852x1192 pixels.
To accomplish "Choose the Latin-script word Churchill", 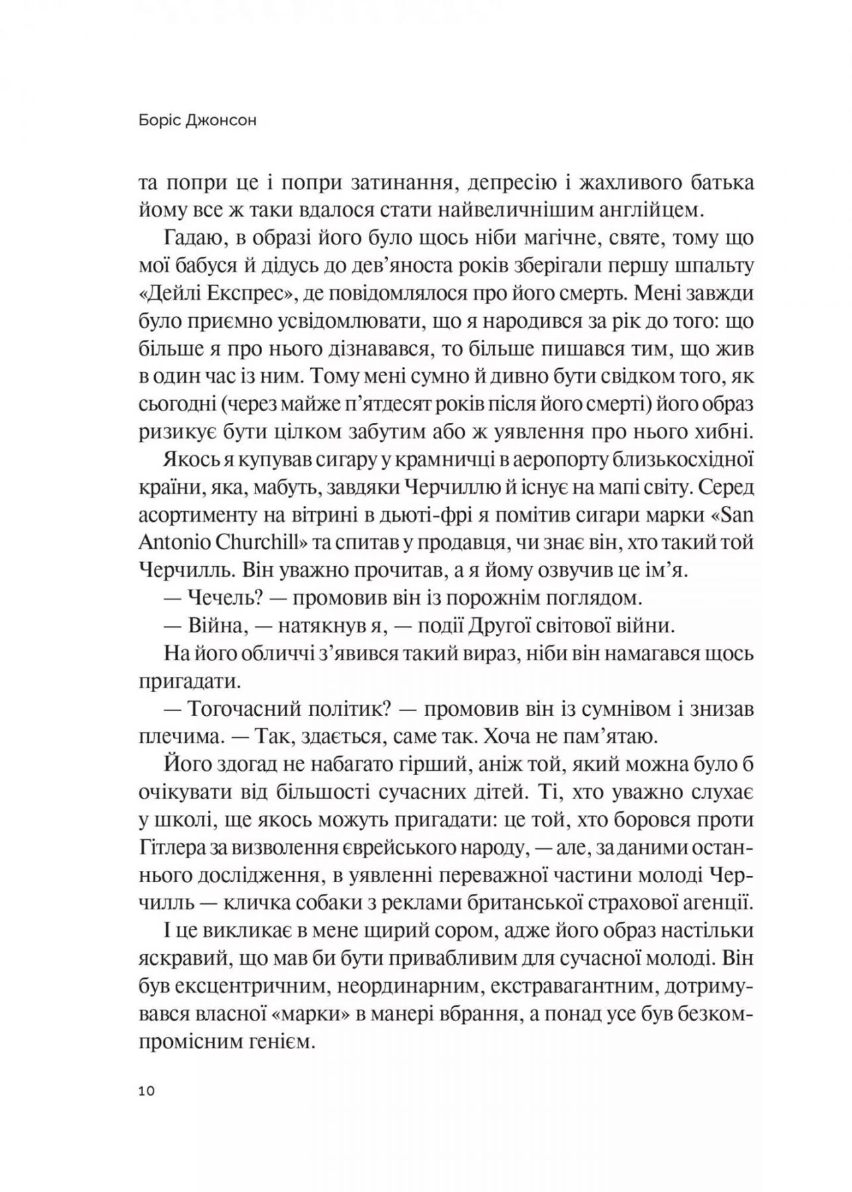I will pyautogui.click(x=261, y=542).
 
